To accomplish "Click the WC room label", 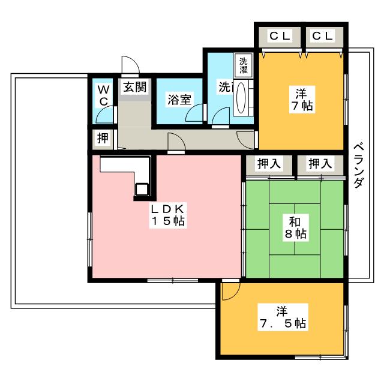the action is (104, 95).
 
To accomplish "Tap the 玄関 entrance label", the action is (134, 87).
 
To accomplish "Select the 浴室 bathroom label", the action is (179, 100).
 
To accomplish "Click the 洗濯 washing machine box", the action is (243, 65).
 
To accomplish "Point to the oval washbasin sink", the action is (241, 98).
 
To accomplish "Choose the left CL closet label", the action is (280, 36).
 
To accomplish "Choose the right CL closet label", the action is (322, 36).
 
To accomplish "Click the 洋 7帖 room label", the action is (301, 100).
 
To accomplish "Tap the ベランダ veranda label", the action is (359, 166).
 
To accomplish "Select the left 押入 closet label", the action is (269, 163).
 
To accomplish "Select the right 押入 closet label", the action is (320, 163).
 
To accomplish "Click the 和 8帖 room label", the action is (295, 227).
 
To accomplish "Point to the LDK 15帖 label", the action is (168, 215).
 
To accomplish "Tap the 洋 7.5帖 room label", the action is (283, 317).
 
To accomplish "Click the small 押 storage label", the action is (103, 138).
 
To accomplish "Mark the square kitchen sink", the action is (142, 189).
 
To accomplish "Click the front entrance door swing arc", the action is (131, 64).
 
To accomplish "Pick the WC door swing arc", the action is (105, 114).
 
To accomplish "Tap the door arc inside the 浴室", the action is (194, 113).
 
